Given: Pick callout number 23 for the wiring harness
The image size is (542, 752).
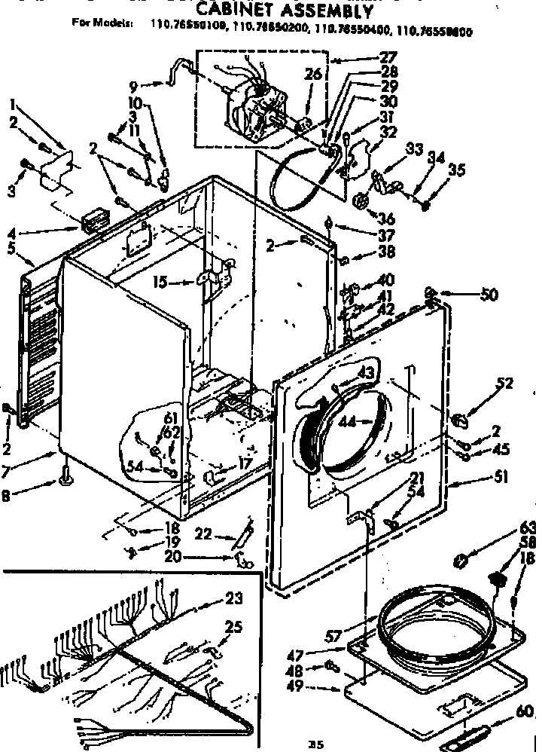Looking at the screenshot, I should (233, 598).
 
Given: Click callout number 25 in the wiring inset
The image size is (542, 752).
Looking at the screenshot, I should (234, 627).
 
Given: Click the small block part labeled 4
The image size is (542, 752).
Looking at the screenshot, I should (93, 222).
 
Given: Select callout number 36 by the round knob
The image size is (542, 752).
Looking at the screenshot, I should (386, 219).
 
